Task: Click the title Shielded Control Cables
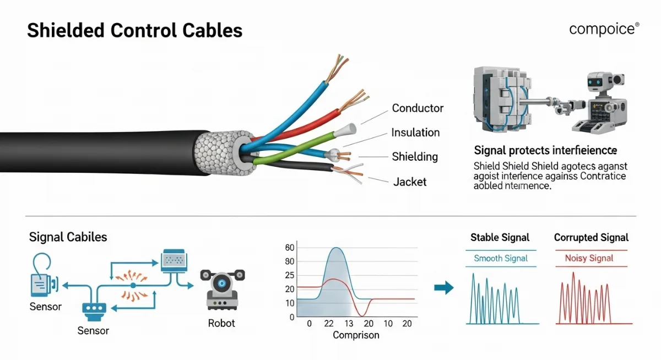[134, 30]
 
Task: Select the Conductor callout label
[418, 108]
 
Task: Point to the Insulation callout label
[415, 133]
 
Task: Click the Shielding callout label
[414, 157]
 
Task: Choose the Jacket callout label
[410, 182]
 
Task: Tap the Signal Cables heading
[68, 237]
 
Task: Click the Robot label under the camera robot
[221, 323]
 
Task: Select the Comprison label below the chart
[356, 335]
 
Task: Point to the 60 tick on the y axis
[290, 248]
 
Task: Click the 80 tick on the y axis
[290, 261]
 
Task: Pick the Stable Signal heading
[500, 238]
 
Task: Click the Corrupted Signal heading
[591, 238]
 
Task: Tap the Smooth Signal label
[501, 258]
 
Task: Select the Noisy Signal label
[589, 258]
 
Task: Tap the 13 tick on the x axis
[349, 323]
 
